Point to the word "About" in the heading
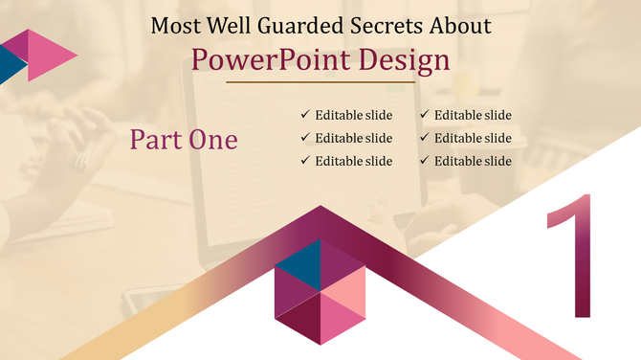[458, 25]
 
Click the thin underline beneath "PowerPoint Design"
[320, 83]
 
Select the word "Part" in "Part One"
[156, 140]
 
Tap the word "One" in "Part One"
[213, 140]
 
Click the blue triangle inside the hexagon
[297, 267]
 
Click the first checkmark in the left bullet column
[305, 115]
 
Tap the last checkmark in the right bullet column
[424, 161]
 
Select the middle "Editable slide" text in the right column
[473, 138]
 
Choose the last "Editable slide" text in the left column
[354, 161]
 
